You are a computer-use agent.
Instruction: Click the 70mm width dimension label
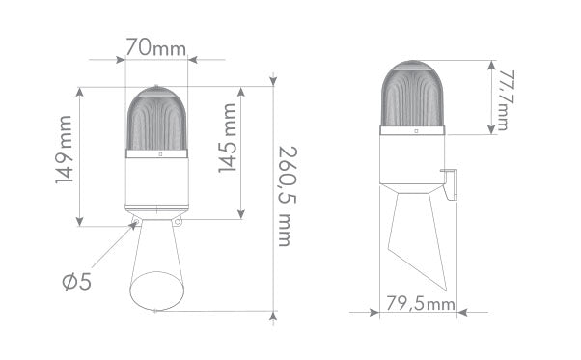(156, 44)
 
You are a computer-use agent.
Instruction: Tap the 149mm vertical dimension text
(65, 155)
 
